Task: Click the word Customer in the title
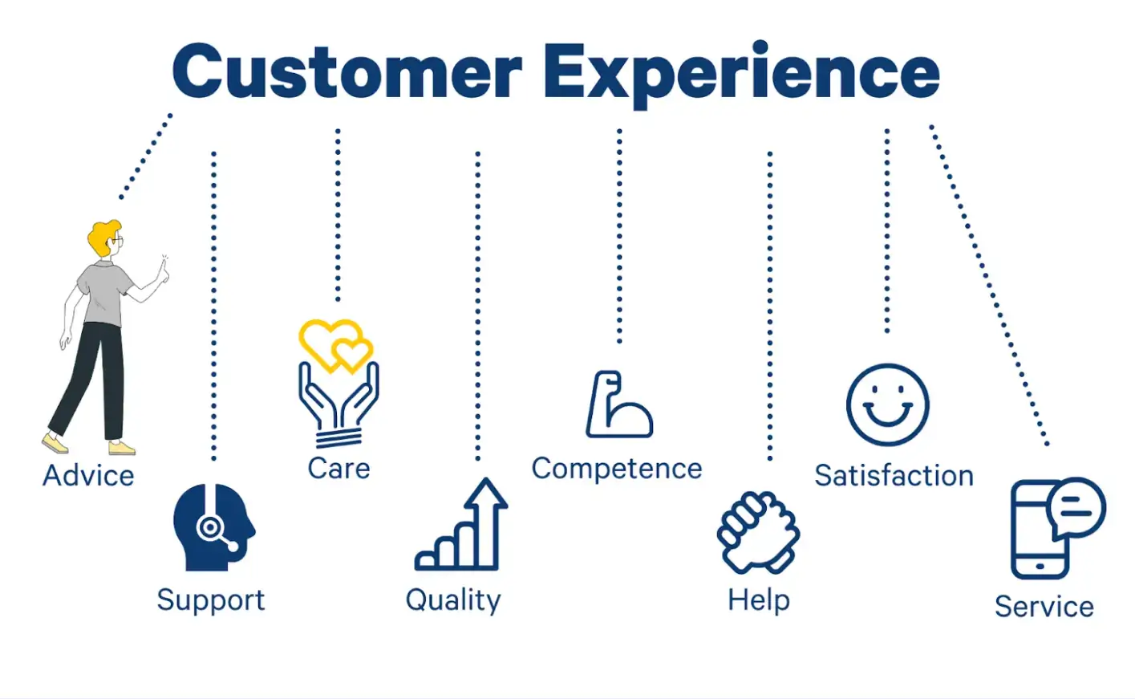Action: [x=347, y=72]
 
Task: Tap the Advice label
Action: [x=88, y=475]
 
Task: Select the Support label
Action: [x=210, y=600]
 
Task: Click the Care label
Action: [x=338, y=469]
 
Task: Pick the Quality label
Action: [x=453, y=600]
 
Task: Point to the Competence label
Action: [x=616, y=469]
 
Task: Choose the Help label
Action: [x=758, y=600]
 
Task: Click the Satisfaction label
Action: [x=894, y=476]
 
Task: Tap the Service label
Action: [x=1044, y=607]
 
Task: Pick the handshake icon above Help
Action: [x=758, y=531]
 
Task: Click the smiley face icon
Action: [x=887, y=405]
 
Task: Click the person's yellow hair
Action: [x=102, y=237]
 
